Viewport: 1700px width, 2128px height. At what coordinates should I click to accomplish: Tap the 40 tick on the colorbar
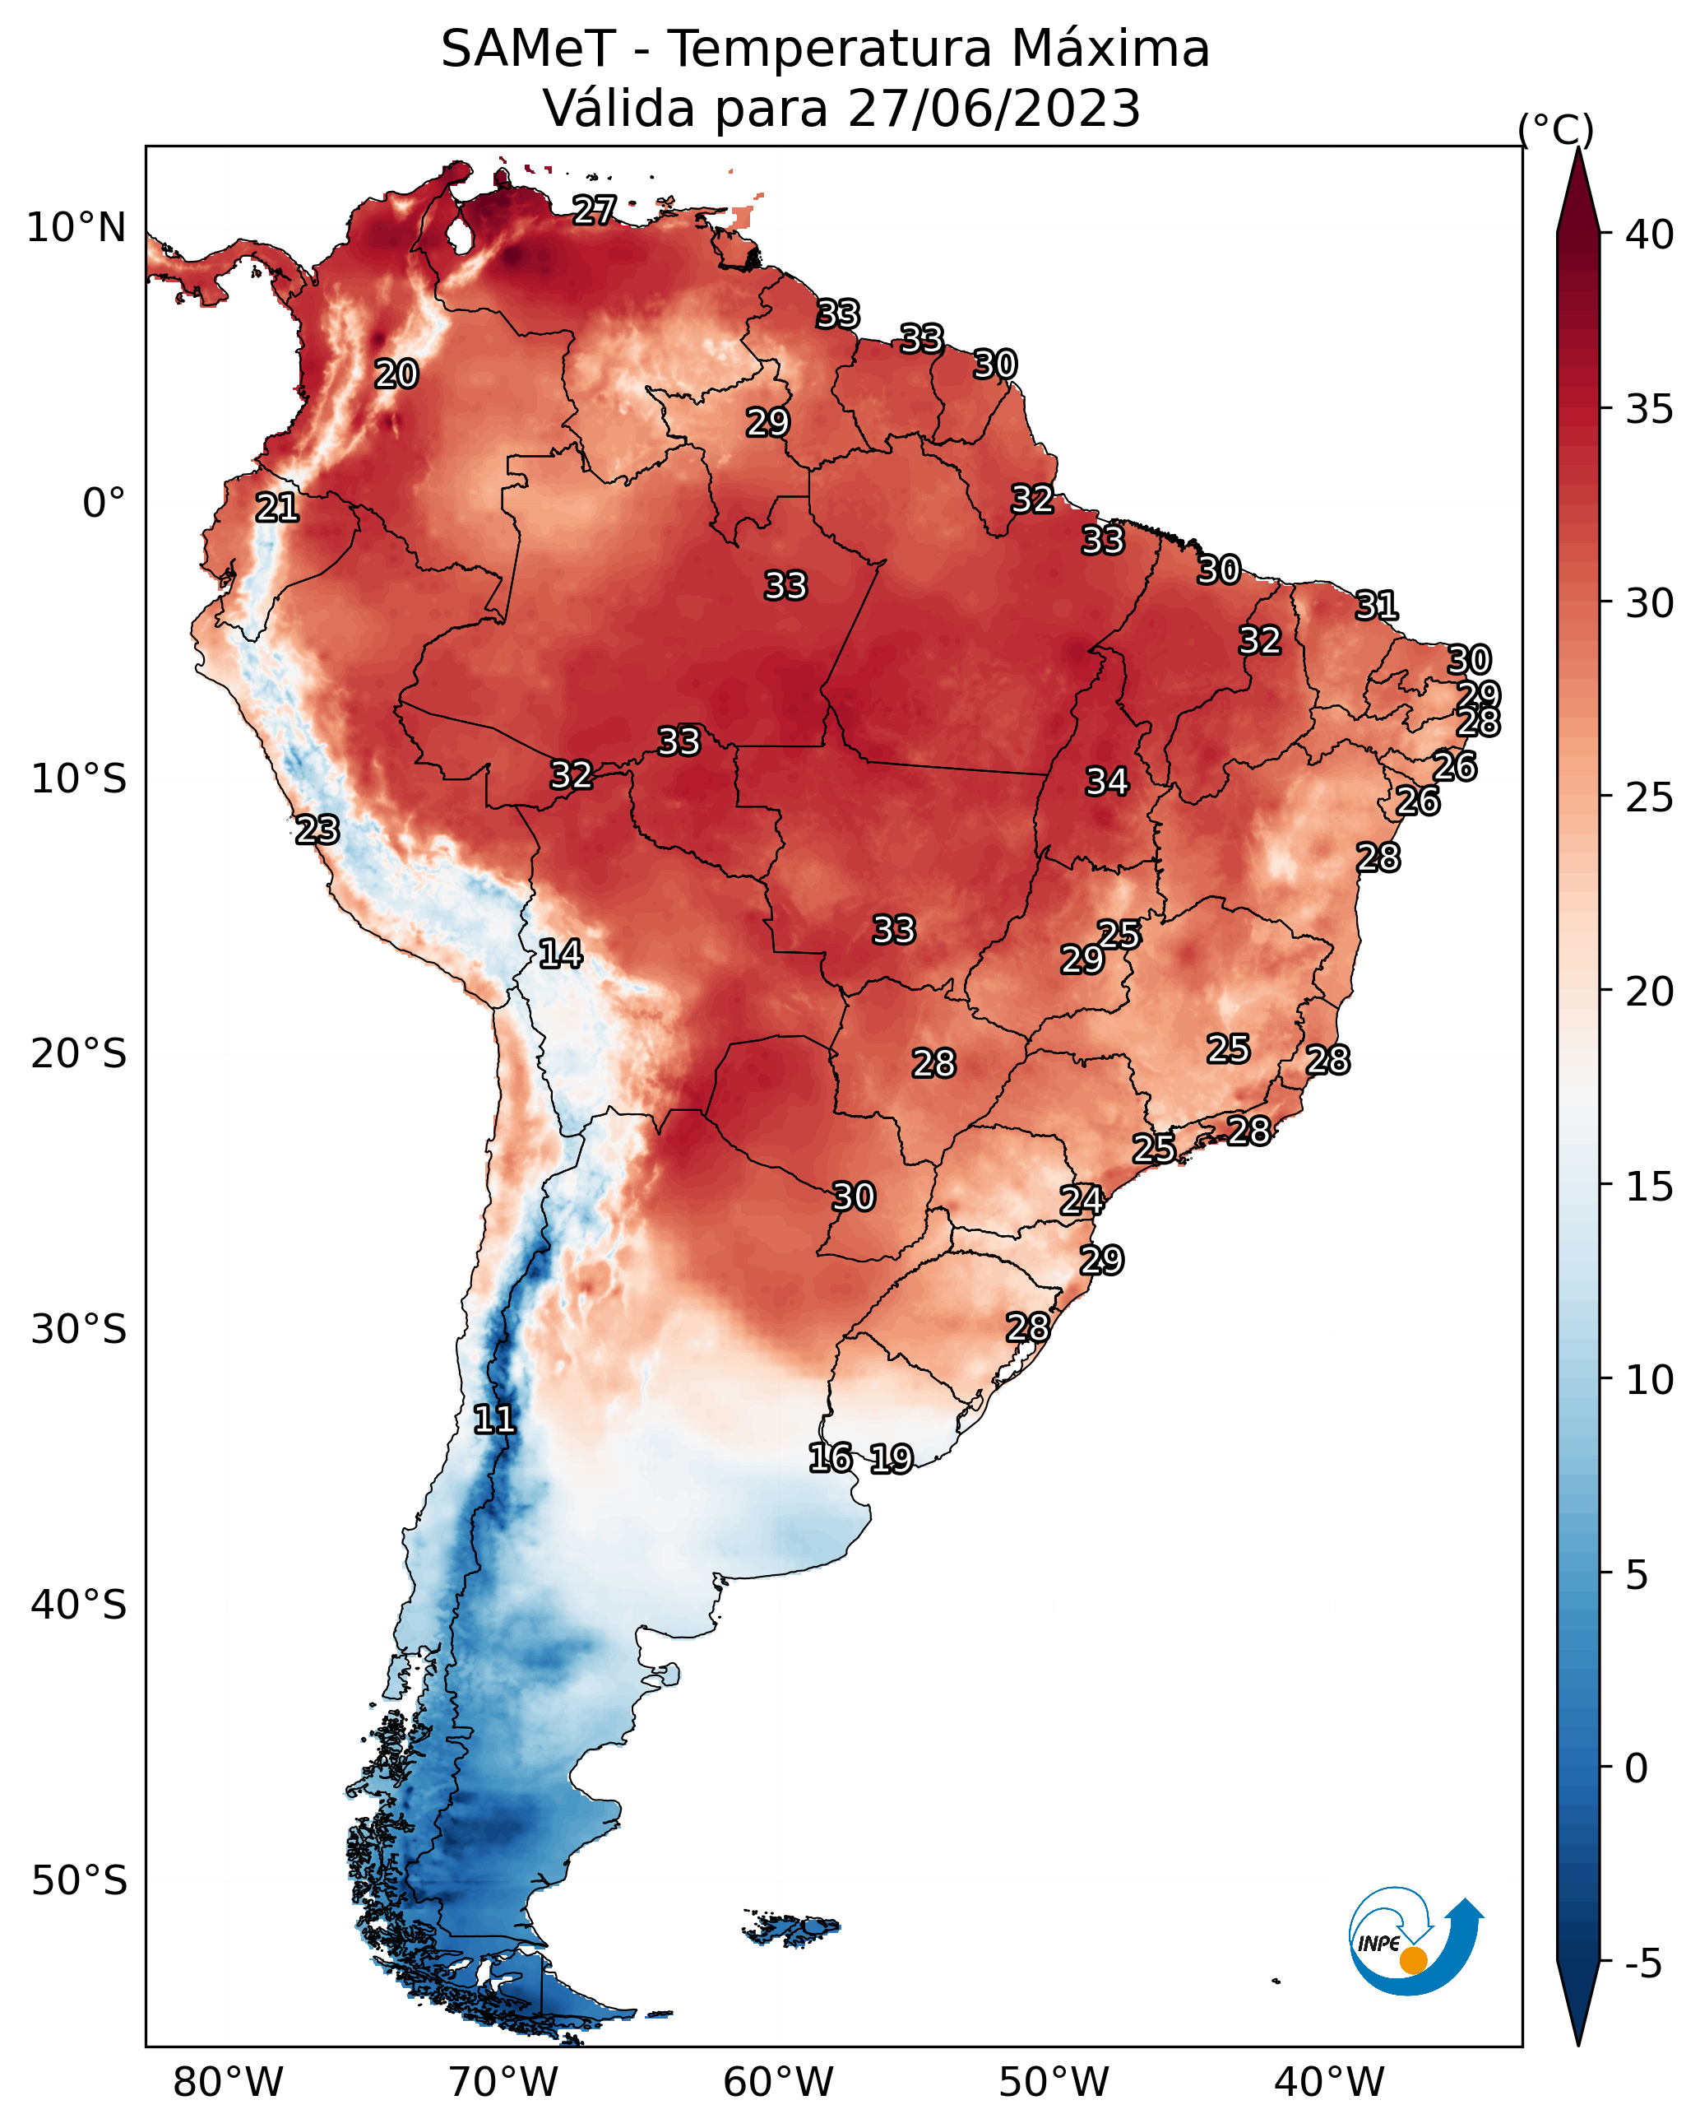(1649, 235)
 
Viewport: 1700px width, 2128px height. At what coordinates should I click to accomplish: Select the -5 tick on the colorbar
(1642, 1963)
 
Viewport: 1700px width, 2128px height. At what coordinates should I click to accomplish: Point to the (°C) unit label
(1555, 129)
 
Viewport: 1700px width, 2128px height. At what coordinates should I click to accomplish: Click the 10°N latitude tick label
(76, 228)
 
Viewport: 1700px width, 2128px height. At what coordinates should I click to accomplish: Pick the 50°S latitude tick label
(79, 1880)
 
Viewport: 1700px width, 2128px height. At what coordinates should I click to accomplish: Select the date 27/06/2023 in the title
(994, 109)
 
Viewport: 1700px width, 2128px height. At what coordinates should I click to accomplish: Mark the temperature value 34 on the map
(1107, 782)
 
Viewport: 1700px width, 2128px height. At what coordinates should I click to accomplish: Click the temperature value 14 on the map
(560, 954)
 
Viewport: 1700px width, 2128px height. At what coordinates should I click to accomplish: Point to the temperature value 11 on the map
(494, 1419)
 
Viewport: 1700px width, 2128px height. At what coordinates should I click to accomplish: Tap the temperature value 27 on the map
(595, 209)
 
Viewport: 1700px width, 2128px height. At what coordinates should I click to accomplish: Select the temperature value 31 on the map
(1377, 605)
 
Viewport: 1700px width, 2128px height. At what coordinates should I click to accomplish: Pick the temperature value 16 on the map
(831, 1458)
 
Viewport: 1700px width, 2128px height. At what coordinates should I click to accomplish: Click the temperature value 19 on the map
(892, 1459)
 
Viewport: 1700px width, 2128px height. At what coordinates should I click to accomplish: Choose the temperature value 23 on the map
(317, 830)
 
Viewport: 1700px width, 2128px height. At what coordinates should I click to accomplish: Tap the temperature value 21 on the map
(277, 508)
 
